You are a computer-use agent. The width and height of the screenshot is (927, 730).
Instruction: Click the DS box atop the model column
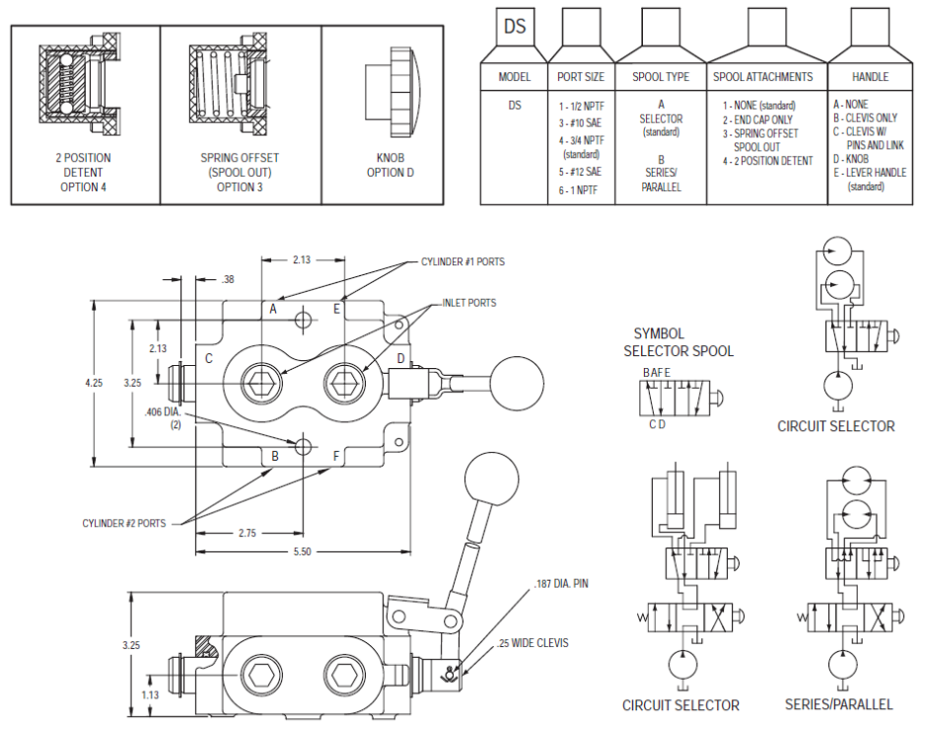(515, 27)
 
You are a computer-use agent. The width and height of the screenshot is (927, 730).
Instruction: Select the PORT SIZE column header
(582, 76)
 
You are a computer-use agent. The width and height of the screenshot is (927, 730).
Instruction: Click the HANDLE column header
(870, 76)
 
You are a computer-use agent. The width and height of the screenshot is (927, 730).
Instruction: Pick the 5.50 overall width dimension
(302, 551)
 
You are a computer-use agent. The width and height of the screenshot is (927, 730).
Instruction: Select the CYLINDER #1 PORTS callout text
(463, 262)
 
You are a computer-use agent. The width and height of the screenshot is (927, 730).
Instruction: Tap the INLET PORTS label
(469, 303)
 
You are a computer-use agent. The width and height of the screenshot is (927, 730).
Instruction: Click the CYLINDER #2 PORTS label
(124, 523)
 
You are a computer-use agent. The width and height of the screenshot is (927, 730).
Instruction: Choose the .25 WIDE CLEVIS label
(535, 643)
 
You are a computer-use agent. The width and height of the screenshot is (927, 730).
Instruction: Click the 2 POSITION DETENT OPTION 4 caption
(84, 172)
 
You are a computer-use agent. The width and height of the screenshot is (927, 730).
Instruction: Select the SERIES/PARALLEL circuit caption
(838, 704)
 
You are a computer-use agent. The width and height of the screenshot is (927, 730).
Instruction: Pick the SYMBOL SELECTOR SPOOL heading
(678, 342)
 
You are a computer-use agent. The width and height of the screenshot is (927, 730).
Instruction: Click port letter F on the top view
(336, 456)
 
